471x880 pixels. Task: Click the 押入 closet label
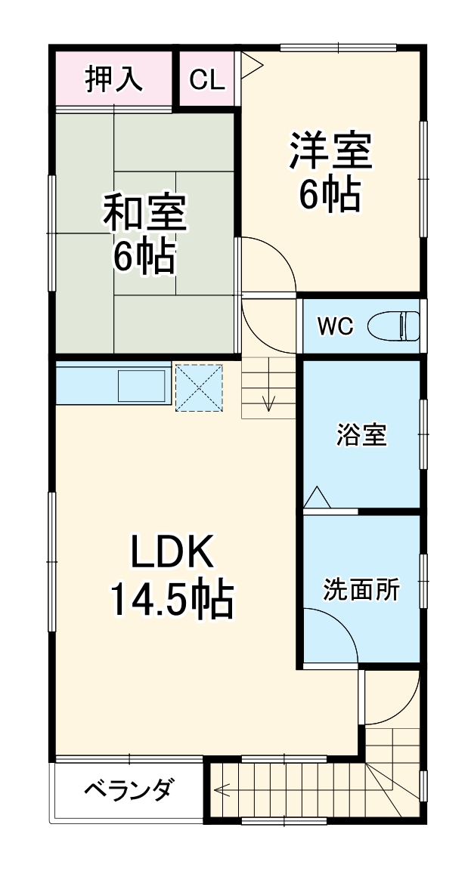(114, 79)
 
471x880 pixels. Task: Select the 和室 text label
(144, 214)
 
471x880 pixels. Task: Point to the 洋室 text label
(329, 151)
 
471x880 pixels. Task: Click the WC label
(336, 326)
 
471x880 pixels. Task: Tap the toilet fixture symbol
(394, 326)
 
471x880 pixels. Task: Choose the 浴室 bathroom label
(361, 435)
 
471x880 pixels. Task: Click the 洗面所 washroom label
(361, 588)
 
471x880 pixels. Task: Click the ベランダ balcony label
(129, 792)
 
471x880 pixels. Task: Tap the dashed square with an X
(200, 388)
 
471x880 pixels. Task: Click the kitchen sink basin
(141, 386)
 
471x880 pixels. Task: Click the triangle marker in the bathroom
(317, 498)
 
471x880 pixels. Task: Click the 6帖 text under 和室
(144, 258)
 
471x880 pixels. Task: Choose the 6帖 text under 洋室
(329, 196)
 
